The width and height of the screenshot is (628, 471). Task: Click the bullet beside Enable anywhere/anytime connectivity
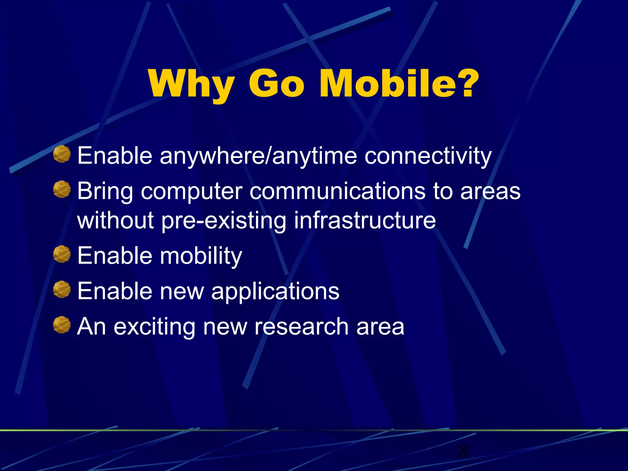coord(62,154)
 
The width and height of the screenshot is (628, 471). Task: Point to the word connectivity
coord(428,156)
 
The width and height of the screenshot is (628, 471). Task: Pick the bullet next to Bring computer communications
coord(62,189)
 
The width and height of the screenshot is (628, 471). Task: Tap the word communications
coord(337,191)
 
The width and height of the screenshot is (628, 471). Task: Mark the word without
coord(115,220)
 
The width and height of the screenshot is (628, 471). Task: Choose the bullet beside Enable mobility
coord(62,254)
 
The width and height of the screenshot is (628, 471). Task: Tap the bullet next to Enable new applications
coord(62,289)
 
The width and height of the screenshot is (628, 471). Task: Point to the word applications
coord(275,291)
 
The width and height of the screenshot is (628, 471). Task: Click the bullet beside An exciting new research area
coord(62,325)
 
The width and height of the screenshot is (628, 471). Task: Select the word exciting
coord(154,327)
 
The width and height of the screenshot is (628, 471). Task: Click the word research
coord(301,326)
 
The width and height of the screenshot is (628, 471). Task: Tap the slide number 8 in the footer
coord(463,451)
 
